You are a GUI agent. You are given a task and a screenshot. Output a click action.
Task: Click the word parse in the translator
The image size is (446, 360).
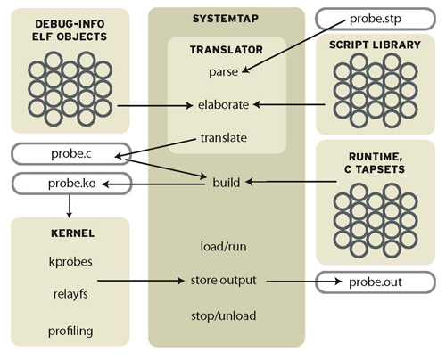pos(225,70)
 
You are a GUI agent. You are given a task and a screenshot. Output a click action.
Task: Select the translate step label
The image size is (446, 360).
pos(225,138)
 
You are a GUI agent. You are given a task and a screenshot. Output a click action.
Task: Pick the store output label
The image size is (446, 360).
pos(224,281)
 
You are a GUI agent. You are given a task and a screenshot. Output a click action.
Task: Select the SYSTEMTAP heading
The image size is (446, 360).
pos(225,19)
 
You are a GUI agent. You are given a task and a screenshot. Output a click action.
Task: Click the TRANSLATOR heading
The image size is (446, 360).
pos(225,52)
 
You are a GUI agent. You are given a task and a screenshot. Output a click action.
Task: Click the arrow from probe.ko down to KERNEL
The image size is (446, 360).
pos(69,206)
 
